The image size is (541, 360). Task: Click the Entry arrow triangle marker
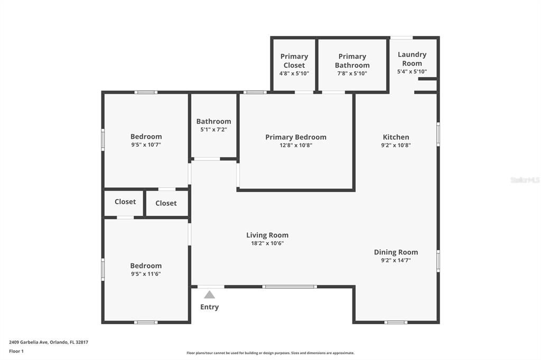(x=210, y=295)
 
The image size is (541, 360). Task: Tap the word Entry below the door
(x=210, y=307)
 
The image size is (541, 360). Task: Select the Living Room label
(x=267, y=235)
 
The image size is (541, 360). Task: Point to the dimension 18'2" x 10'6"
(x=267, y=243)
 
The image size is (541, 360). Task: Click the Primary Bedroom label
(x=296, y=137)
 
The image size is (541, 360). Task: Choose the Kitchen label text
(x=396, y=137)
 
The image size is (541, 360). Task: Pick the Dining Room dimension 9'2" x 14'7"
(x=396, y=260)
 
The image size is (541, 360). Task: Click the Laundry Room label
(x=412, y=59)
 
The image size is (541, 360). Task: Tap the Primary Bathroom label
(x=352, y=61)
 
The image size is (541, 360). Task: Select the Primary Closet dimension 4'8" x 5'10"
(x=294, y=73)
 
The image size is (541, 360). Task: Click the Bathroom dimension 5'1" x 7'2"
(x=213, y=129)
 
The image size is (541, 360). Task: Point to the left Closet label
(x=125, y=202)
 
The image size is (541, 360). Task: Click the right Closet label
(x=166, y=203)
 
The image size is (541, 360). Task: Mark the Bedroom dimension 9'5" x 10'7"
(x=146, y=145)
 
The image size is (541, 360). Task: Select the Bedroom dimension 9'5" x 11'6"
(x=146, y=274)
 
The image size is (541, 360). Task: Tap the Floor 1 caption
(x=16, y=351)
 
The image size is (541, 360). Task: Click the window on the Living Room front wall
(x=290, y=287)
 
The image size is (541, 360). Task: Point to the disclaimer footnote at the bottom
(x=270, y=353)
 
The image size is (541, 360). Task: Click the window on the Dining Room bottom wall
(x=396, y=322)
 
